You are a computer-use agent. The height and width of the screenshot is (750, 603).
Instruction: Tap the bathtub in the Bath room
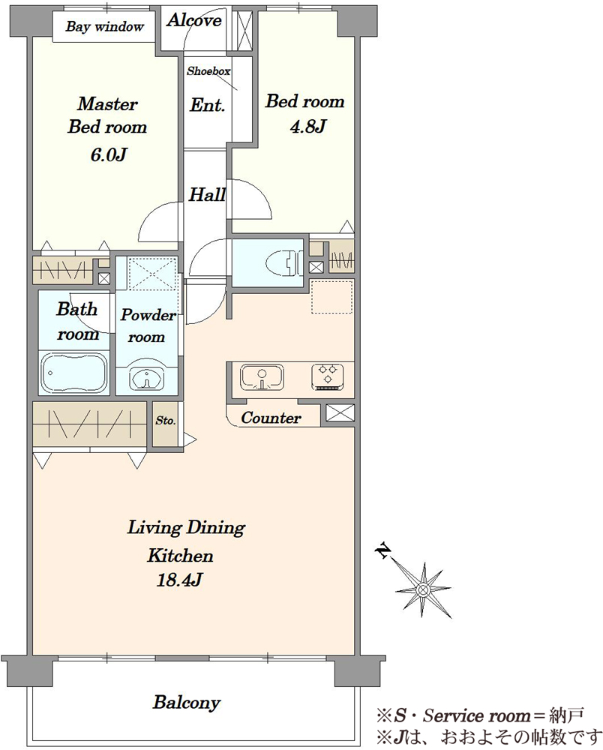(73, 373)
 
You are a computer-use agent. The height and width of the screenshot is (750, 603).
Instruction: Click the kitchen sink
(262, 377)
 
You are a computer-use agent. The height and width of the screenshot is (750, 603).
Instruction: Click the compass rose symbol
(423, 589)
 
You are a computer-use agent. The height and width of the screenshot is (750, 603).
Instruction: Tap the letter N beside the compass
(382, 550)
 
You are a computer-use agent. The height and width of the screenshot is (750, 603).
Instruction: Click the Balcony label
(187, 702)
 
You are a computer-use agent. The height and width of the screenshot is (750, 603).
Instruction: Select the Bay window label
(104, 26)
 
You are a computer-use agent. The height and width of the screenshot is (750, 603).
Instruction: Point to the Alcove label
(194, 20)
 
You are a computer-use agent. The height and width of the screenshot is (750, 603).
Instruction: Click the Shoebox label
(208, 71)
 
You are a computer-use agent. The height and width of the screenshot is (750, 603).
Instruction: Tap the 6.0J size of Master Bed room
(108, 154)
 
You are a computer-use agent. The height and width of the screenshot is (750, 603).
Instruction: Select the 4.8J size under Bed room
(308, 126)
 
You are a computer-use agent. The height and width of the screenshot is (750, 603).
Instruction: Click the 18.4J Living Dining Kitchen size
(180, 580)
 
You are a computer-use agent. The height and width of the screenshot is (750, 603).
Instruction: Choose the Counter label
(271, 418)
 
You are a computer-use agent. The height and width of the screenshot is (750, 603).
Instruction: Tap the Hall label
(206, 195)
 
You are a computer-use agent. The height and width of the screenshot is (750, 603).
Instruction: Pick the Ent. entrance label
(208, 105)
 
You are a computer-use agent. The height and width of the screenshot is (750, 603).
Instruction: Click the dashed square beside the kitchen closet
(332, 297)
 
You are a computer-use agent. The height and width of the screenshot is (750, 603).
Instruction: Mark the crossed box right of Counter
(340, 412)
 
